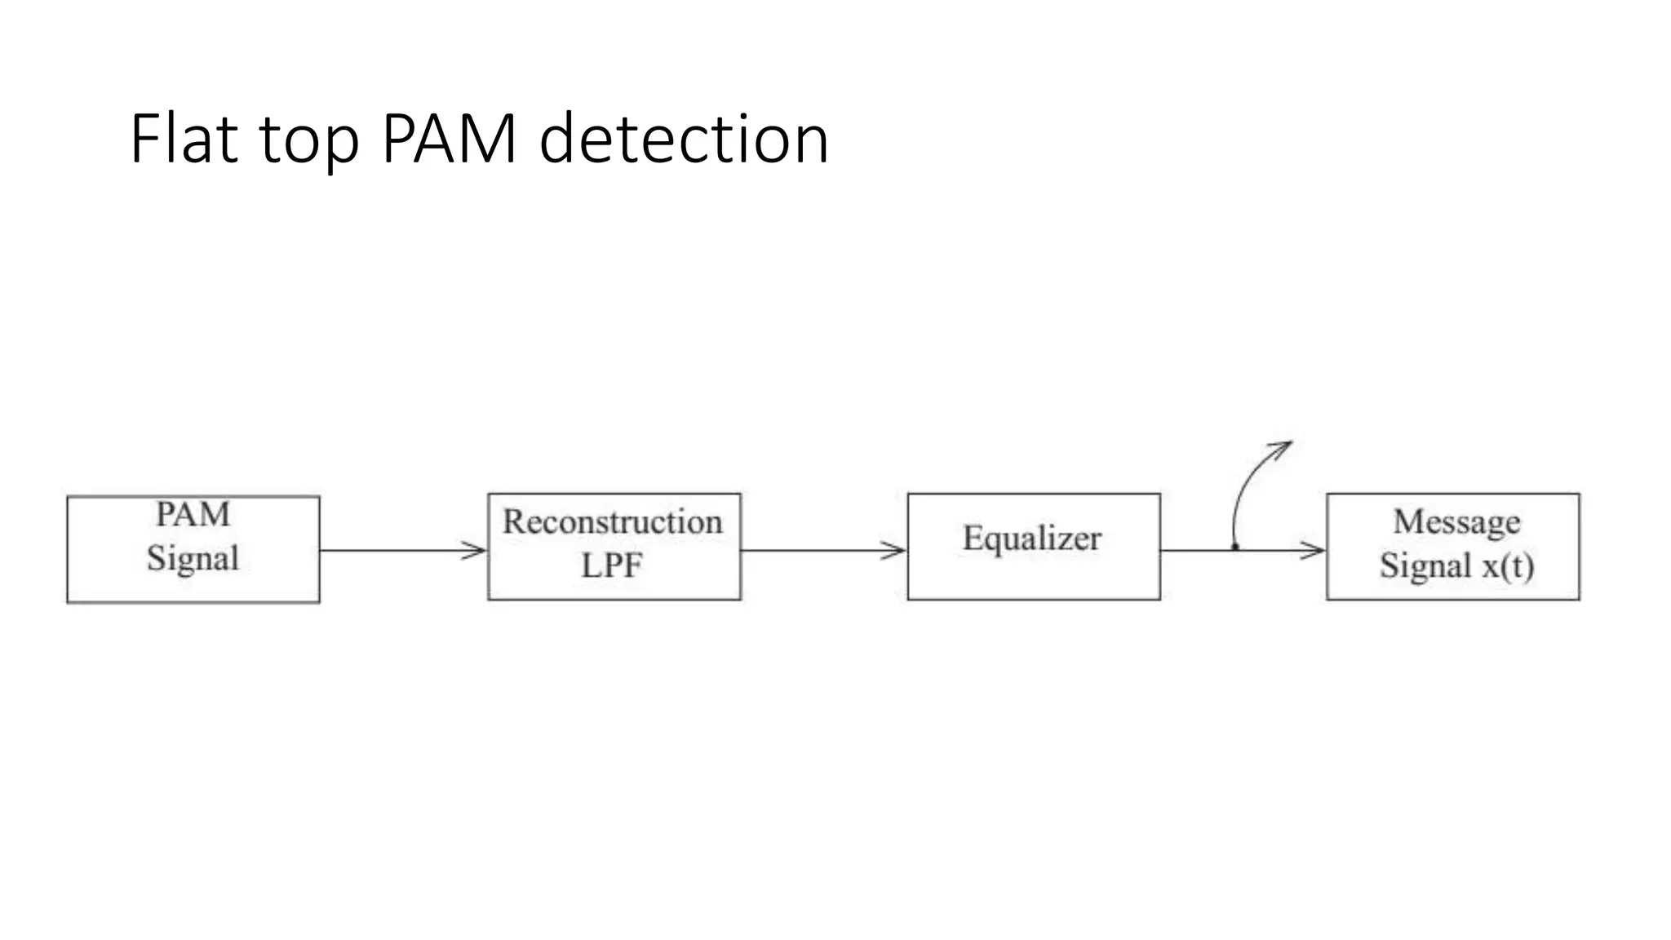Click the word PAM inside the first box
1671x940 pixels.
193,514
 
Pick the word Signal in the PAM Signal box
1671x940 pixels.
193,559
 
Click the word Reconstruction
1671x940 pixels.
613,522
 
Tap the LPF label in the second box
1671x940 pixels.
612,565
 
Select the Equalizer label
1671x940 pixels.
1032,538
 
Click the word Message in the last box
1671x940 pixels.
1456,521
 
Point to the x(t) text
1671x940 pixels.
1508,565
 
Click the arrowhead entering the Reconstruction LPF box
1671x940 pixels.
477,551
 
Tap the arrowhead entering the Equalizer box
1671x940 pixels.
896,551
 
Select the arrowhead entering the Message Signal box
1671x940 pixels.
1315,551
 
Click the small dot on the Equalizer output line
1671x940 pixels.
1235,547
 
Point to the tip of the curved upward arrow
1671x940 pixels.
1290,443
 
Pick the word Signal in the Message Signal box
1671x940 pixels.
1425,565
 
